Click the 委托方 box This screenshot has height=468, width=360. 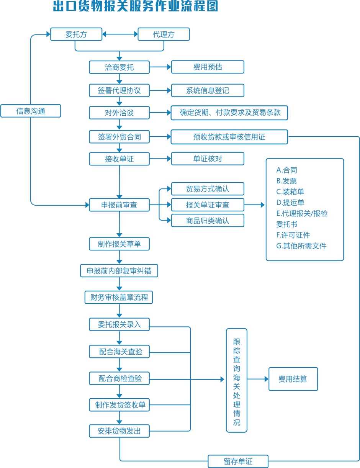pyautogui.click(x=76, y=34)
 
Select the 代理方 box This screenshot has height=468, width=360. pyautogui.click(x=164, y=34)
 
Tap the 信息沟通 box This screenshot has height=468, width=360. pyautogui.click(x=31, y=111)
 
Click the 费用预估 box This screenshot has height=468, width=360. pyautogui.click(x=208, y=67)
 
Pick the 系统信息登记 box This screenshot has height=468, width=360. pyautogui.click(x=208, y=91)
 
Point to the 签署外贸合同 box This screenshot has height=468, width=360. pyautogui.click(x=119, y=137)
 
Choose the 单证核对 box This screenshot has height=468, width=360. pyautogui.click(x=208, y=159)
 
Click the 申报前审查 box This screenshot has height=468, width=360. pyautogui.click(x=119, y=205)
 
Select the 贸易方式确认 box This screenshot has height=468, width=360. pyautogui.click(x=208, y=189)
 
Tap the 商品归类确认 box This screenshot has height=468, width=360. pyautogui.click(x=208, y=221)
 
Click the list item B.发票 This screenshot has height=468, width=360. pyautogui.click(x=286, y=181)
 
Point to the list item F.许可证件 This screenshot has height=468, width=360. pyautogui.click(x=293, y=235)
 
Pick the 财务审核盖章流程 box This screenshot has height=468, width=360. pyautogui.click(x=119, y=297)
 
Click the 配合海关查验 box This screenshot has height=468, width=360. pyautogui.click(x=119, y=351)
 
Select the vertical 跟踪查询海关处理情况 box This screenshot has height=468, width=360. pyautogui.click(x=237, y=380)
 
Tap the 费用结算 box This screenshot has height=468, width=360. pyautogui.click(x=293, y=379)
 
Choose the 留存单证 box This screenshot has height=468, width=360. pyautogui.click(x=238, y=461)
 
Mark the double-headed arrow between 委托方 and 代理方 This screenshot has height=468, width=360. pyautogui.click(x=120, y=34)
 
